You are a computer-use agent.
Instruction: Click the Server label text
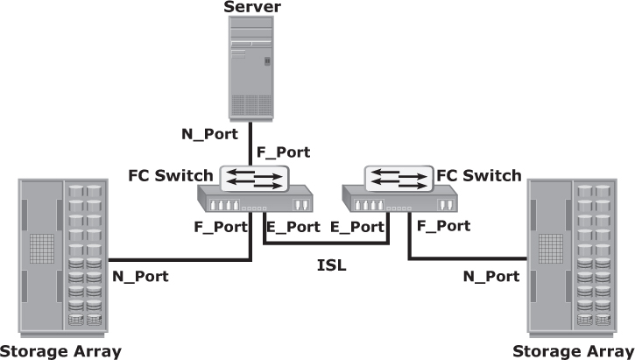(x=253, y=8)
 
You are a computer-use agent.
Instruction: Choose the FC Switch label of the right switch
(x=479, y=175)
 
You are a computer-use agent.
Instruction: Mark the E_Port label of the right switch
(x=359, y=226)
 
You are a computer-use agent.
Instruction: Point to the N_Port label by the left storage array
(x=141, y=277)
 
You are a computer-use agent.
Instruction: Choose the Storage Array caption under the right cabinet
(x=573, y=352)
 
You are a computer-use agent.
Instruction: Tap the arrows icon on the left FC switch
(x=254, y=180)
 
